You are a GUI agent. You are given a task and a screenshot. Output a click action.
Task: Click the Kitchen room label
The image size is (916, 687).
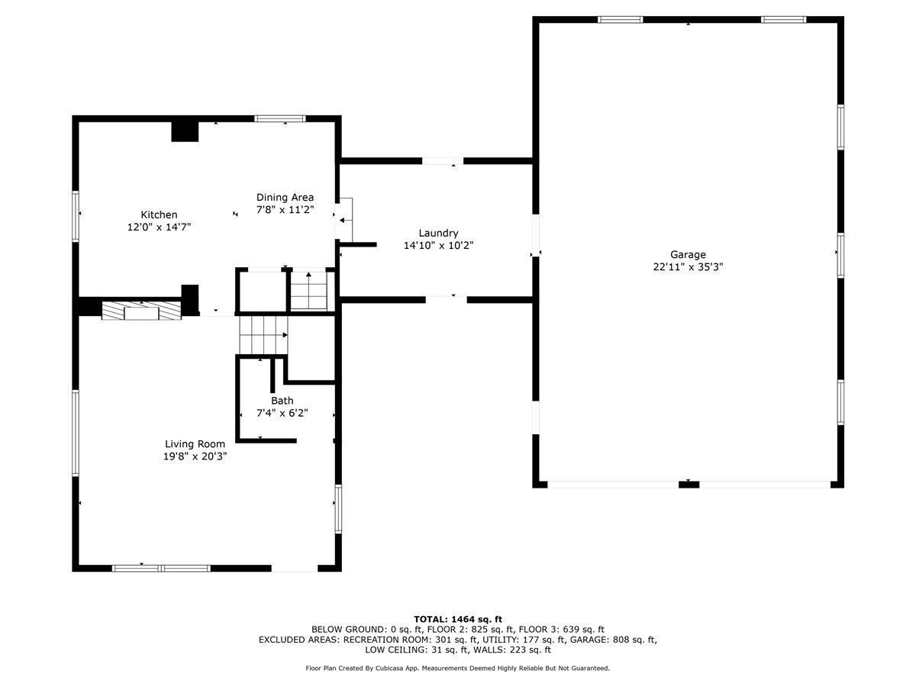click(x=159, y=214)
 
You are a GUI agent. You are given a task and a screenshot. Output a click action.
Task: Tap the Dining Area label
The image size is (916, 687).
click(x=285, y=197)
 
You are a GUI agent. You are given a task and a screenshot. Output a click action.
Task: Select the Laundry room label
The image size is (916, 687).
click(x=438, y=233)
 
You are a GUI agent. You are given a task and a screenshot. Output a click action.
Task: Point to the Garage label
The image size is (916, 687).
click(x=688, y=254)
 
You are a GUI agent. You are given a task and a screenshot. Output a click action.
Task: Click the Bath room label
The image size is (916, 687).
click(x=282, y=401)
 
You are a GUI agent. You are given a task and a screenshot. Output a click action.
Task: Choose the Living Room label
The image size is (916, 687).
click(x=195, y=444)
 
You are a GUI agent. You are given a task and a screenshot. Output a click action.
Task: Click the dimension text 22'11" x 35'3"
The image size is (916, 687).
click(x=688, y=267)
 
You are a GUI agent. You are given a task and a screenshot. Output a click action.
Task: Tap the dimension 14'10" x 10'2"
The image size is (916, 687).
click(x=438, y=245)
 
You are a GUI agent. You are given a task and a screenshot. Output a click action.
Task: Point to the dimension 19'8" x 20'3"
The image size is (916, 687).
click(x=195, y=456)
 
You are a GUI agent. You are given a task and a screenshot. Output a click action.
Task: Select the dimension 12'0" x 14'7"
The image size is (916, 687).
click(x=159, y=227)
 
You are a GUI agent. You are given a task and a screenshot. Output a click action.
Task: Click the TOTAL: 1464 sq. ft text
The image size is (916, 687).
click(x=458, y=619)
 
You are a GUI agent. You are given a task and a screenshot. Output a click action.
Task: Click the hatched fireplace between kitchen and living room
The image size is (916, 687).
click(x=141, y=311)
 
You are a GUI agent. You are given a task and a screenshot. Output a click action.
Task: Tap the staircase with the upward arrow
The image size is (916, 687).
click(x=309, y=291)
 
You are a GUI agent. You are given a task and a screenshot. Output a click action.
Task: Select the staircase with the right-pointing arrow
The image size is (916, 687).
click(x=263, y=335)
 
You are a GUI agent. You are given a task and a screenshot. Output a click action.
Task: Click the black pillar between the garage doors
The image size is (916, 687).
click(x=689, y=484)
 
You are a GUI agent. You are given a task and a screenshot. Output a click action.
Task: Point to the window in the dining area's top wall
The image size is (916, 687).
click(x=280, y=119)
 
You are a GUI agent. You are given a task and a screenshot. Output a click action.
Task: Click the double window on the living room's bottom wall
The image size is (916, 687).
click(x=161, y=568)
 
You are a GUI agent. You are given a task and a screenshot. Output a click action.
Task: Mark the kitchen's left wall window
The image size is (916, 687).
click(x=76, y=216)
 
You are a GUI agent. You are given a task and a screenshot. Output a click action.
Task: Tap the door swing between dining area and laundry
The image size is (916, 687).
click(x=344, y=220)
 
